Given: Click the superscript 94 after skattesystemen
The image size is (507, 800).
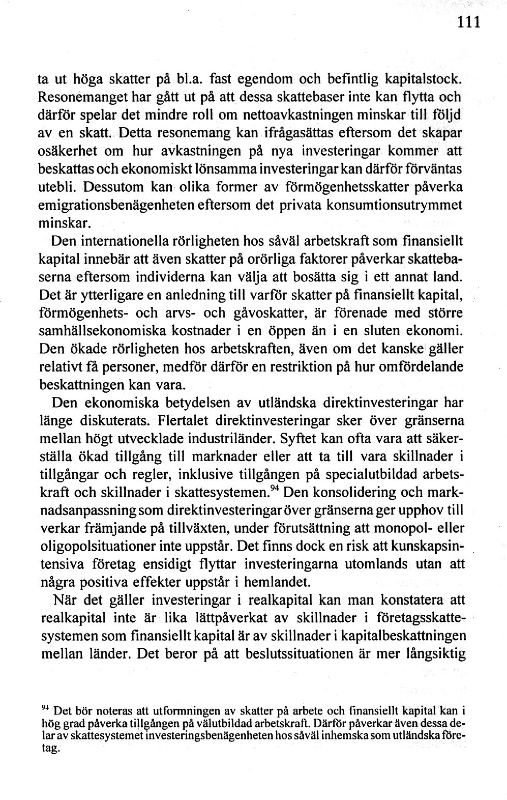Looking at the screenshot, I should (274, 488).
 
